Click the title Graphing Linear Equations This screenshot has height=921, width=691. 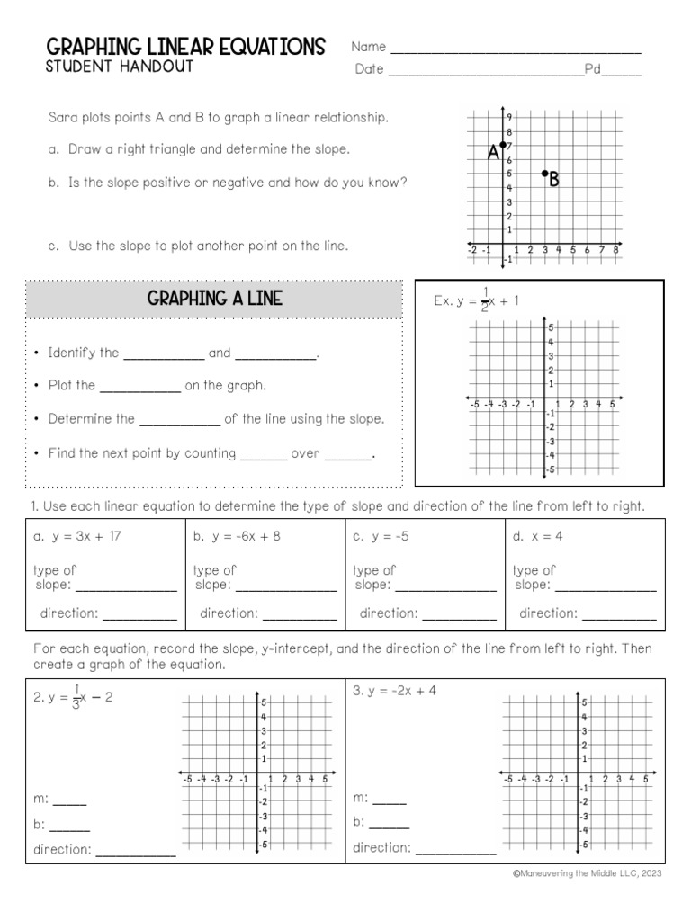coord(185,47)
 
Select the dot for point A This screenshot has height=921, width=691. coord(502,145)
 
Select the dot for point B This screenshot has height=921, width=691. coord(544,173)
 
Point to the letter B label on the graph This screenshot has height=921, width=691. coord(554,181)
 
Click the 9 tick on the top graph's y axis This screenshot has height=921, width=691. coord(508,117)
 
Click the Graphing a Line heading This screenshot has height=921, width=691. coord(214,299)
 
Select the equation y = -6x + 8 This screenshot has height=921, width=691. coord(237,537)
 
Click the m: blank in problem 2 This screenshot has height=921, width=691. coord(70,801)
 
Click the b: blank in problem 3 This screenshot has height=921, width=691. coord(390,825)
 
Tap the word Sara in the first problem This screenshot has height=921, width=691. coord(61,118)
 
